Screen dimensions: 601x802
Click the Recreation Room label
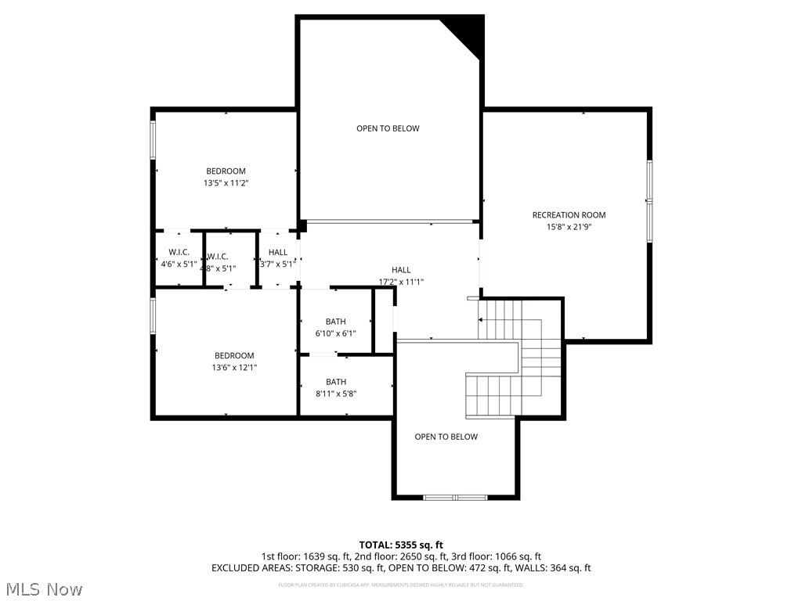click(569, 215)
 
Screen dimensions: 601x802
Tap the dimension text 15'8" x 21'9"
click(569, 228)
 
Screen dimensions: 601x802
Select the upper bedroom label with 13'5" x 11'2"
click(226, 171)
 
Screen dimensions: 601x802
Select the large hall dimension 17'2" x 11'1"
click(401, 282)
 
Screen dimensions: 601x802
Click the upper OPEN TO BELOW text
click(388, 128)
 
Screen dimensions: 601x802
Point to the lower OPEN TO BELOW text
click(446, 437)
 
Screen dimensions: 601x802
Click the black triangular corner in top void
click(468, 32)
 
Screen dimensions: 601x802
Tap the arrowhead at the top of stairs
click(480, 320)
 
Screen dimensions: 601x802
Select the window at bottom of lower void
click(455, 497)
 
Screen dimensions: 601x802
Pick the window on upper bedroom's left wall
click(154, 139)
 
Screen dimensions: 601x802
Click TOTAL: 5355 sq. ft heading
click(401, 545)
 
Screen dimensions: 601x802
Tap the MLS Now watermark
click(44, 588)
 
